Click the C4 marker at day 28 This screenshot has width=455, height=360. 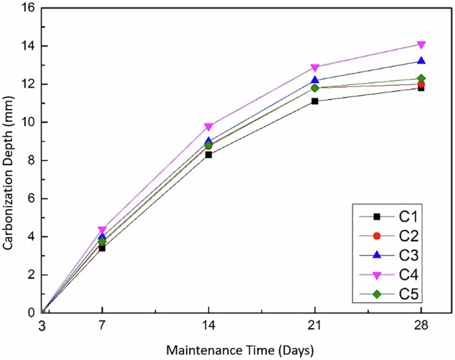tap(421, 45)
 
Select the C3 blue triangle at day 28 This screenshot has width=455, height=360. tap(421, 61)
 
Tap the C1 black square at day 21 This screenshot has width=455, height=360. tap(315, 101)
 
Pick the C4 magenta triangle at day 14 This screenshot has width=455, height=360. tap(209, 127)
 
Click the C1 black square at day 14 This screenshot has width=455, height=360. tap(209, 155)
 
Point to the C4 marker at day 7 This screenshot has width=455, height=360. tap(102, 230)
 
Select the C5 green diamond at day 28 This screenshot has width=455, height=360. tap(421, 78)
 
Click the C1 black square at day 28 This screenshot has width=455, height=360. tap(421, 88)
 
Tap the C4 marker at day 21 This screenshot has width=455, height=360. tap(315, 68)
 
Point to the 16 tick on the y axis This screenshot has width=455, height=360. tap(29, 9)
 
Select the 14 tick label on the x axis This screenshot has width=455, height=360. tap(209, 325)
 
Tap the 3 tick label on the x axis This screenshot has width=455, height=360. tap(42, 325)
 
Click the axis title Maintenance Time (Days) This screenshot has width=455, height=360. tap(239, 349)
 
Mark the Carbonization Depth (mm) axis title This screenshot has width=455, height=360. tap(9, 161)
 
